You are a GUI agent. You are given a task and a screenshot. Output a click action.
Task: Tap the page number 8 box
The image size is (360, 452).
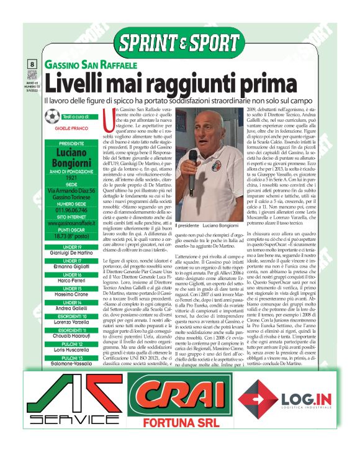[x=32, y=64]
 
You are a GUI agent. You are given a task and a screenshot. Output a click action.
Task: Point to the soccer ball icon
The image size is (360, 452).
[x=53, y=117]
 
